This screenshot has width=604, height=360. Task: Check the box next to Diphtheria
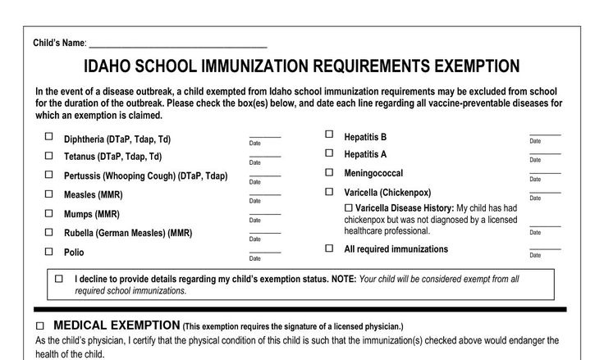tap(48, 137)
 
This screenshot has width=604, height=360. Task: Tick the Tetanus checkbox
tap(48, 155)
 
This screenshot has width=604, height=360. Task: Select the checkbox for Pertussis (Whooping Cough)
tap(48, 175)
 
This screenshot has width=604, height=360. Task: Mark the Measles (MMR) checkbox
tap(48, 194)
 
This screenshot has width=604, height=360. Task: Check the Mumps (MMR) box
tap(48, 213)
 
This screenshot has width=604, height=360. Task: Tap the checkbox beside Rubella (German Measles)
tap(48, 232)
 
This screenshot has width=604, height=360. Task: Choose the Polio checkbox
tap(48, 252)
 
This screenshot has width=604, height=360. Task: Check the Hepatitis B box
tap(329, 134)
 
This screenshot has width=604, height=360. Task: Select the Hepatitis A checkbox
tap(329, 153)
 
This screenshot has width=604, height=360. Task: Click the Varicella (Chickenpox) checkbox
tap(329, 192)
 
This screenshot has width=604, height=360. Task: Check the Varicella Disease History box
tap(350, 207)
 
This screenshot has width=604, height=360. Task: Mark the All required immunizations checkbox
tap(329, 248)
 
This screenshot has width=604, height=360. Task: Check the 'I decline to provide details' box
tap(59, 279)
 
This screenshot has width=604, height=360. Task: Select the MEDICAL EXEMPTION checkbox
tap(39, 326)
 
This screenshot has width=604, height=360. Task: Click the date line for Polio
tap(264, 252)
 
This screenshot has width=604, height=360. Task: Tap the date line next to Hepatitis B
tap(545, 134)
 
